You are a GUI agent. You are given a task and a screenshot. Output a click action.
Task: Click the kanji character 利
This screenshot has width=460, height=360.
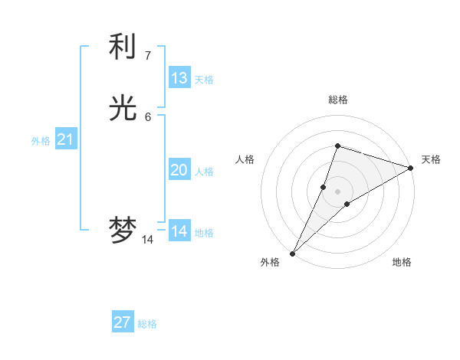point(123,47)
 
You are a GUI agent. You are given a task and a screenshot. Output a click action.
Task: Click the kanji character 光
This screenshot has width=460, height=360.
point(123,108)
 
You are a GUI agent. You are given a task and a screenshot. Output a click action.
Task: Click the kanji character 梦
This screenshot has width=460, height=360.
point(123,231)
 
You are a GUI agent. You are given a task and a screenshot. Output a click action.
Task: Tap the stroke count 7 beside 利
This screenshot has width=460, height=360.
point(147,55)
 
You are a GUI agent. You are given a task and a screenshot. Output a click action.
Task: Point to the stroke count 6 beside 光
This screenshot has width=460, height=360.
point(147,116)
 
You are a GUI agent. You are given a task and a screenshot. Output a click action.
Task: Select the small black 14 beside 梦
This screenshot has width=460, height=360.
point(147,240)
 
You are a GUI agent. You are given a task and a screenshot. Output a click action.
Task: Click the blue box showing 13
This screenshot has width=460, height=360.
point(179,78)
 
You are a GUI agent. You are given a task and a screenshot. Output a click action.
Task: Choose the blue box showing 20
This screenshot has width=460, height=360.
point(179,170)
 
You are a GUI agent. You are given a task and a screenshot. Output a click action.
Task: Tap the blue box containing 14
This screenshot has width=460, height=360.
point(179,231)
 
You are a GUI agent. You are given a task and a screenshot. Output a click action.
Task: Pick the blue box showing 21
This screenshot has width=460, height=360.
point(66,139)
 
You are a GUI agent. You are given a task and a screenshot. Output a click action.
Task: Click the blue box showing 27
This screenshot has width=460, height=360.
point(123,322)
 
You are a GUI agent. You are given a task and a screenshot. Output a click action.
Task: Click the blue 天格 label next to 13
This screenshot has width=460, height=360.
point(204,80)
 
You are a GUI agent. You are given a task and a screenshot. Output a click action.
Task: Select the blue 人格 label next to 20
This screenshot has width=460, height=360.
point(204,172)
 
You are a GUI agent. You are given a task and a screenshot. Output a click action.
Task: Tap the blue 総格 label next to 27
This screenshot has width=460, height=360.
point(147,324)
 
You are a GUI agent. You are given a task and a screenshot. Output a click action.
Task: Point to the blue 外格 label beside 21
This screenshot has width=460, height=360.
point(41,141)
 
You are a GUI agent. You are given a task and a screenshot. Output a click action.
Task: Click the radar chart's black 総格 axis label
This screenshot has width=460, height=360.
point(338,100)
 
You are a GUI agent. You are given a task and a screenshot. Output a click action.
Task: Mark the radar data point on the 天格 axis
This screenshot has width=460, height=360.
point(411,168)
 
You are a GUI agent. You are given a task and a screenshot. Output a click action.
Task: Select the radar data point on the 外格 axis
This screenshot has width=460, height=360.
point(293,253)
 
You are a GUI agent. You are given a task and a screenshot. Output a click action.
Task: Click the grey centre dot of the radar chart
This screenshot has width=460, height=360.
point(338,191)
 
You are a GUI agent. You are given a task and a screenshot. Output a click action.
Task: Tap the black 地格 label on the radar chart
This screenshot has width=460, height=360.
point(402,262)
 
